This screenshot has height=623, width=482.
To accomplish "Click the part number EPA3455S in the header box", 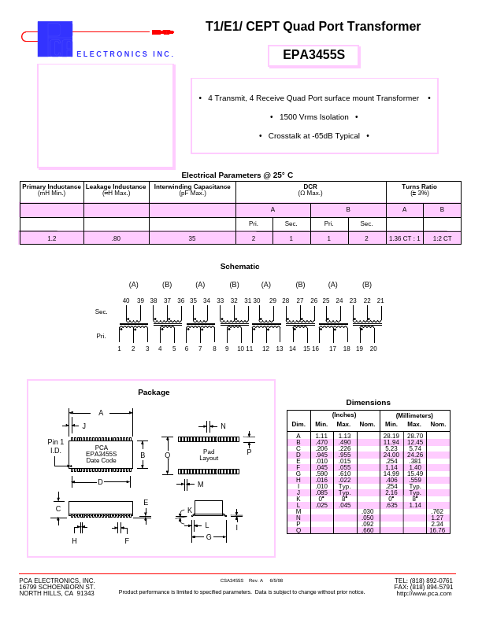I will (x=313, y=55).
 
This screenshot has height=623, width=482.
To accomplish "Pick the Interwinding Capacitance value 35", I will (x=191, y=238).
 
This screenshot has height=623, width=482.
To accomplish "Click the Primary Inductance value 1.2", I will (x=52, y=238).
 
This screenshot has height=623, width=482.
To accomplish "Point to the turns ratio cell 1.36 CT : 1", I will (x=404, y=238).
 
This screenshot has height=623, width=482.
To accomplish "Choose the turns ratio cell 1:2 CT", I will (x=442, y=238).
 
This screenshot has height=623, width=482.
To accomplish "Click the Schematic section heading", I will (x=239, y=266).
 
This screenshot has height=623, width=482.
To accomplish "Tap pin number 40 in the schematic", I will (x=126, y=300).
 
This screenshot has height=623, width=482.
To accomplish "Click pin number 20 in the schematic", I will (x=373, y=348).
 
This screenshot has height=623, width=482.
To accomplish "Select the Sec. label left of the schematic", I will (x=101, y=312).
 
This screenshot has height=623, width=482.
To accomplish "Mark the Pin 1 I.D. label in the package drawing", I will (x=56, y=446).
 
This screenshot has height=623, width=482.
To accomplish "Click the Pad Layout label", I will (x=209, y=455).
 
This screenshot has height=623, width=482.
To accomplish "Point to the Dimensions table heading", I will (x=368, y=402).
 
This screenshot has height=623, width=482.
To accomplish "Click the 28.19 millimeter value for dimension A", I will (x=391, y=436).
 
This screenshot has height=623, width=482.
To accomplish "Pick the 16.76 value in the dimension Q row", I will (x=437, y=530).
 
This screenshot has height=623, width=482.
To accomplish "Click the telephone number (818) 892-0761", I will (x=424, y=581).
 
